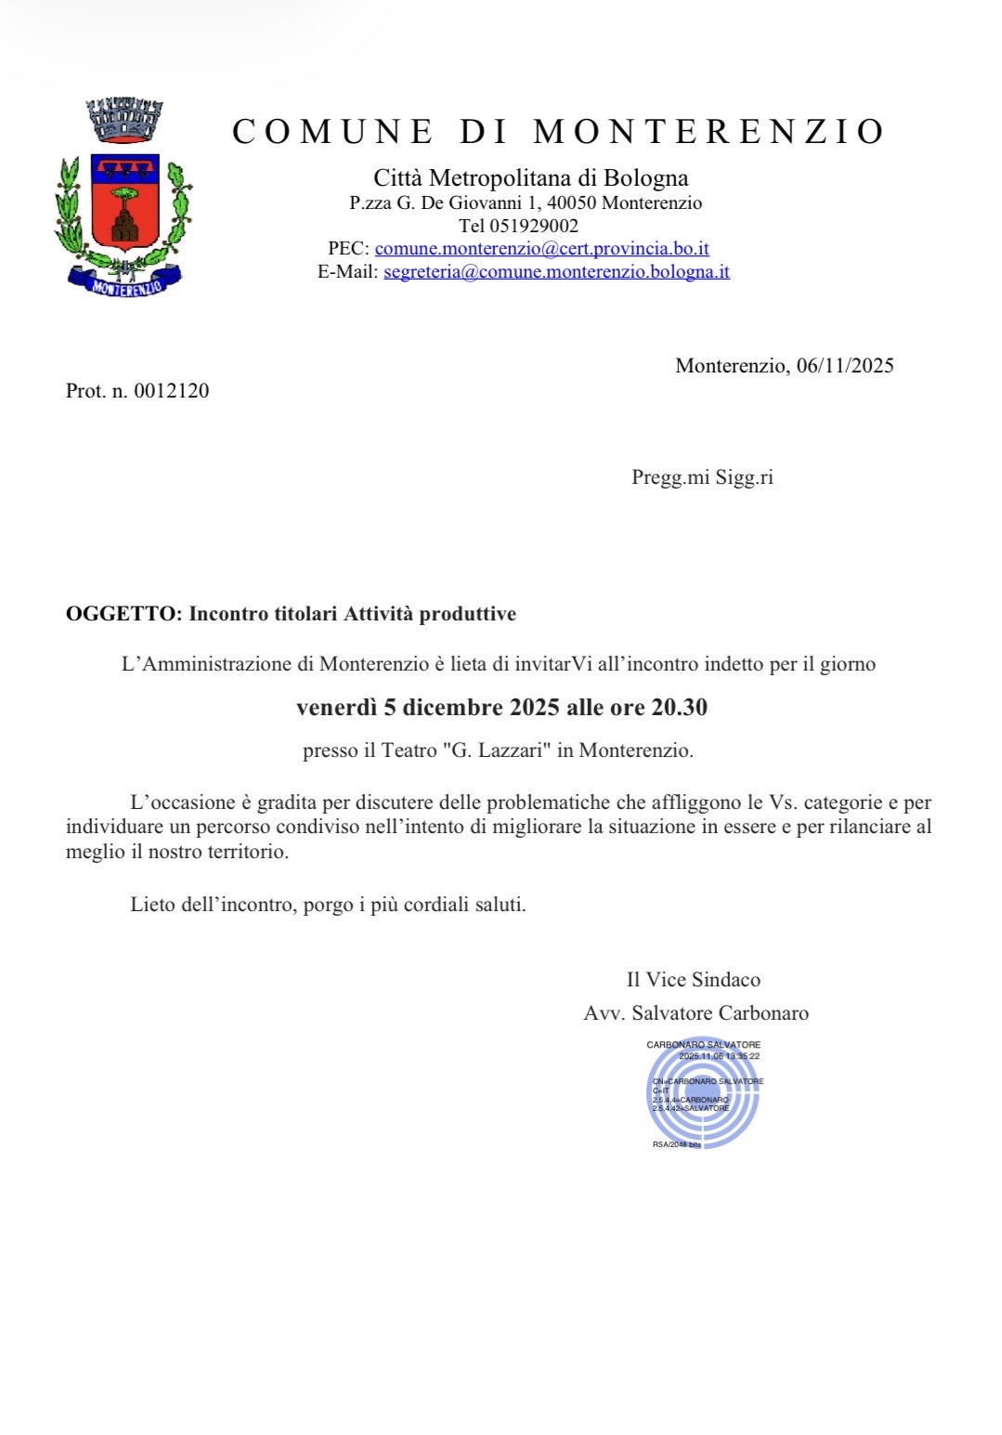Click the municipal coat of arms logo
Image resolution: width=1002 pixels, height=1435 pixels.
pos(124,197)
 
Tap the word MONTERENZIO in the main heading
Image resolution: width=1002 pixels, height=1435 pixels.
pos(709,132)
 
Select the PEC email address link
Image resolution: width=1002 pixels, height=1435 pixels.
pos(541,248)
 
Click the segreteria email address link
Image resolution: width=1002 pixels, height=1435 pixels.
pos(556,271)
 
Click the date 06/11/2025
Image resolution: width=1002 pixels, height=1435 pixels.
pos(845,365)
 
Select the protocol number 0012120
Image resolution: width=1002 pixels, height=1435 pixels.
pos(172,390)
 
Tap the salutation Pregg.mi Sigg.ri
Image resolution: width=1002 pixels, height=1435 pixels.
pos(702,477)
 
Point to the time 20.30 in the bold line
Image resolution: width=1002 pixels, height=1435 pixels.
pos(679,708)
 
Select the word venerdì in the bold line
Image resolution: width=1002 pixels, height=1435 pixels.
pos(336,708)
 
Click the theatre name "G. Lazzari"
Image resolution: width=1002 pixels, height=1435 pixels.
pos(495,750)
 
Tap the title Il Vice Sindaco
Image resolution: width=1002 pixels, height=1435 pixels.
pos(693,979)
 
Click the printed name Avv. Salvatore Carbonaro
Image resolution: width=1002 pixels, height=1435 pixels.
pos(696,1012)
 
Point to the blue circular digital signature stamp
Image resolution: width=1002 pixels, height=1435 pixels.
pos(704,1093)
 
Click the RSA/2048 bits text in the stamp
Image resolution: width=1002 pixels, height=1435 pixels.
pos(676,1144)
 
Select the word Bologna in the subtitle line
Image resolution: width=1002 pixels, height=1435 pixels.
pos(645,177)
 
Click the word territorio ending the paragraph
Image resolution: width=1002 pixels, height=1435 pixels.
pos(243,851)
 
